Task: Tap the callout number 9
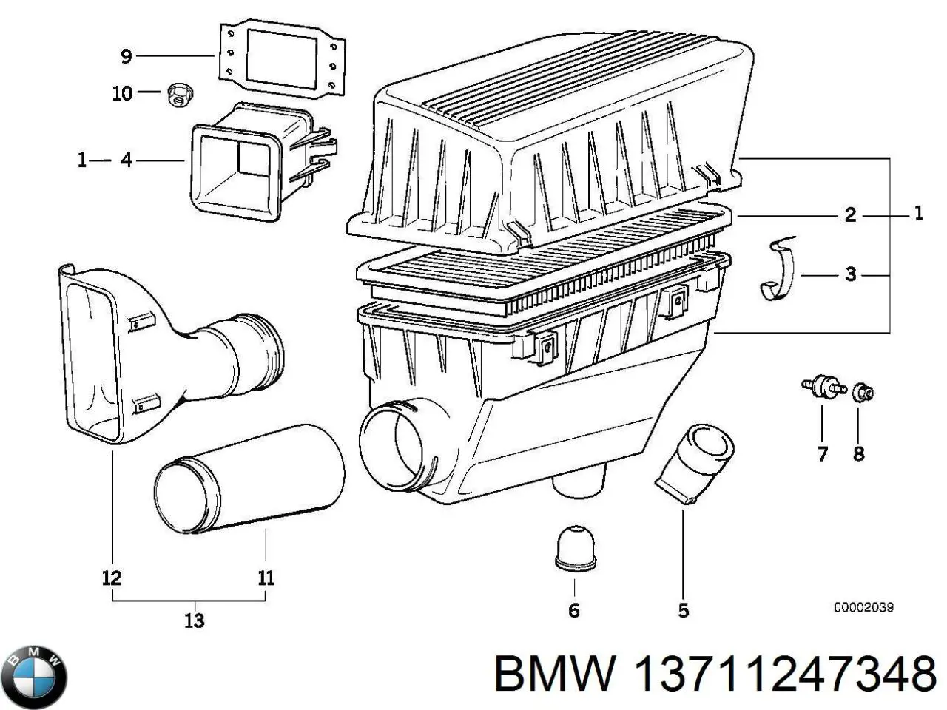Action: tap(126, 55)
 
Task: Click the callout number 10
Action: tap(122, 93)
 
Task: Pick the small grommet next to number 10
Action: tap(178, 95)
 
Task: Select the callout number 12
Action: tap(112, 578)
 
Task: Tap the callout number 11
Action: tap(266, 578)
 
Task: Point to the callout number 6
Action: tap(574, 610)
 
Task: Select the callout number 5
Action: tap(683, 610)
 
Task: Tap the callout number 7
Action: tap(823, 453)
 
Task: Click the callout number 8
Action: tap(858, 453)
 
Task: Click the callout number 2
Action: tap(851, 214)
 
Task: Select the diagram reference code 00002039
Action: tap(863, 607)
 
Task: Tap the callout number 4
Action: tap(127, 160)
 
